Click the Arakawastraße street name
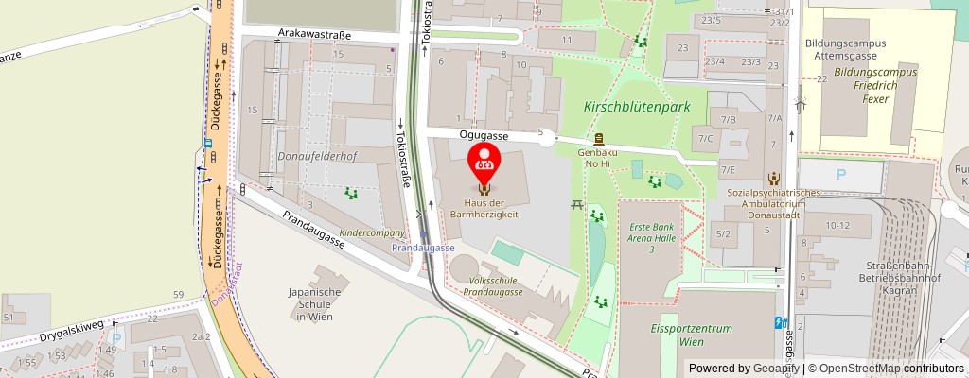pos(314,34)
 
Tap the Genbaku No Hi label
pos(598,158)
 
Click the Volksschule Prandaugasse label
pos(493,285)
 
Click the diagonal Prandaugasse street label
pos(313,229)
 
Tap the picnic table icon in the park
pos(575,203)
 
